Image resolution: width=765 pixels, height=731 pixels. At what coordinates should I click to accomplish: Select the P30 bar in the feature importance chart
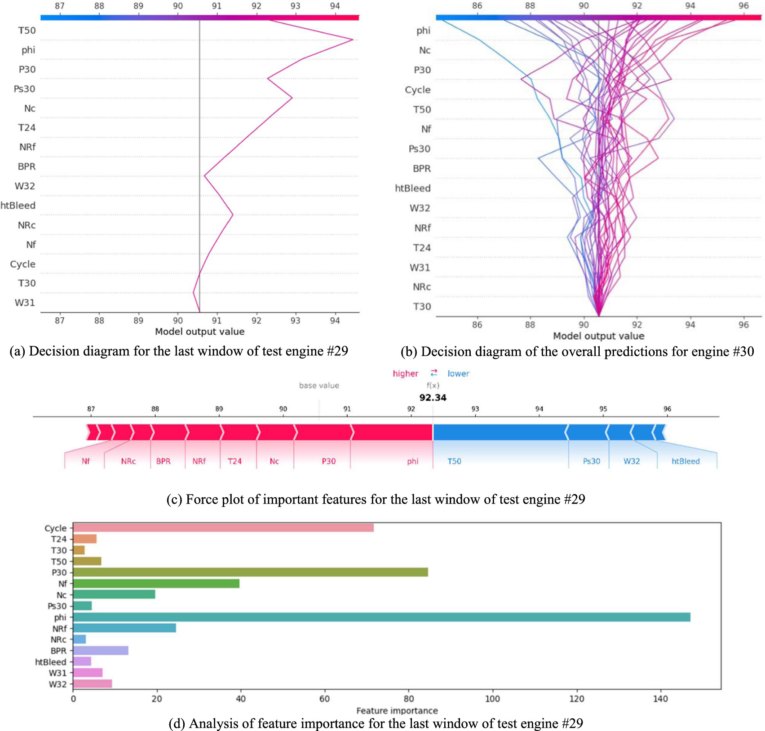click(250, 572)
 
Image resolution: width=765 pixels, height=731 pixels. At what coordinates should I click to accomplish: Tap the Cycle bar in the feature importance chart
click(223, 528)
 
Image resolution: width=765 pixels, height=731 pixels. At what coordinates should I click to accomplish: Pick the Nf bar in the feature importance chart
click(156, 583)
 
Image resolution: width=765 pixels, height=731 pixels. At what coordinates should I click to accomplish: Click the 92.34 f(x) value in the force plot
click(433, 398)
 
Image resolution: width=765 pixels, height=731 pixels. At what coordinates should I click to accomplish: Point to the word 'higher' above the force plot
click(405, 373)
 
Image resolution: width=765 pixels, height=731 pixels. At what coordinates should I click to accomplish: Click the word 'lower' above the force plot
click(458, 373)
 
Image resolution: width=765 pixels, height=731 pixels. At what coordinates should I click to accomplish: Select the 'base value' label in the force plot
click(319, 385)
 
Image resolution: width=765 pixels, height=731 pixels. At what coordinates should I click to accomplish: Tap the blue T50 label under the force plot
click(454, 461)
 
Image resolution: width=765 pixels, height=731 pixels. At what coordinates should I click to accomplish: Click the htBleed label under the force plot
click(685, 461)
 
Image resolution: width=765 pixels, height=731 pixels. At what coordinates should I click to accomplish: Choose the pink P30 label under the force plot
click(328, 461)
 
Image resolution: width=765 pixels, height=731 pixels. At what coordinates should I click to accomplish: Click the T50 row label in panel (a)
click(27, 31)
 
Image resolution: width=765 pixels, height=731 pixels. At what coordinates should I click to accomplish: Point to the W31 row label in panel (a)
click(25, 303)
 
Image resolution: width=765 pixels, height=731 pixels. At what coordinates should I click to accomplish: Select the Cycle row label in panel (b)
click(417, 90)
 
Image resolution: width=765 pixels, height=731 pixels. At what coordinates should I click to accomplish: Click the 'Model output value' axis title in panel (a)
click(199, 332)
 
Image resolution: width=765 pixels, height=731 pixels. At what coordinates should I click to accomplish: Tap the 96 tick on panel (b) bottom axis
click(743, 324)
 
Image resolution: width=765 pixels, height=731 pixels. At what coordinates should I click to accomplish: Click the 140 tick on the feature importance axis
click(660, 699)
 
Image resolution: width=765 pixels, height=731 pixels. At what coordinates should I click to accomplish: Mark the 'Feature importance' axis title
click(397, 710)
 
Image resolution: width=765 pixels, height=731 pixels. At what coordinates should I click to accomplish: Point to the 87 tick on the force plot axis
click(91, 409)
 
